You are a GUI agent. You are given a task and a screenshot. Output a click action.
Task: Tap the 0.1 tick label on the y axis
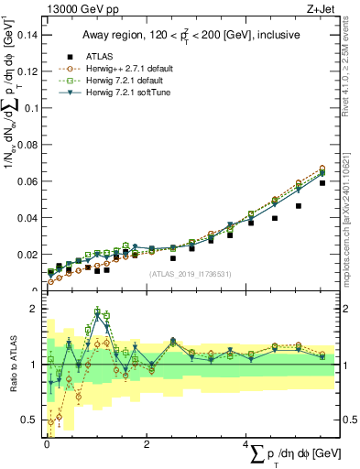(30, 108)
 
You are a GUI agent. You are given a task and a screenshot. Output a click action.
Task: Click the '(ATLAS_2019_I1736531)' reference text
(190, 274)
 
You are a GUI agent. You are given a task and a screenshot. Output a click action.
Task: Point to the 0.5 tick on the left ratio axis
(30, 420)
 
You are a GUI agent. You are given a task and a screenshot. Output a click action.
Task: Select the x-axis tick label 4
(245, 444)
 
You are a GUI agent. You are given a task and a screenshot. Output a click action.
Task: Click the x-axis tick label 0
(47, 444)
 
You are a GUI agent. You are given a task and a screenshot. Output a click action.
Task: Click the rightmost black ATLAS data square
(322, 183)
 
